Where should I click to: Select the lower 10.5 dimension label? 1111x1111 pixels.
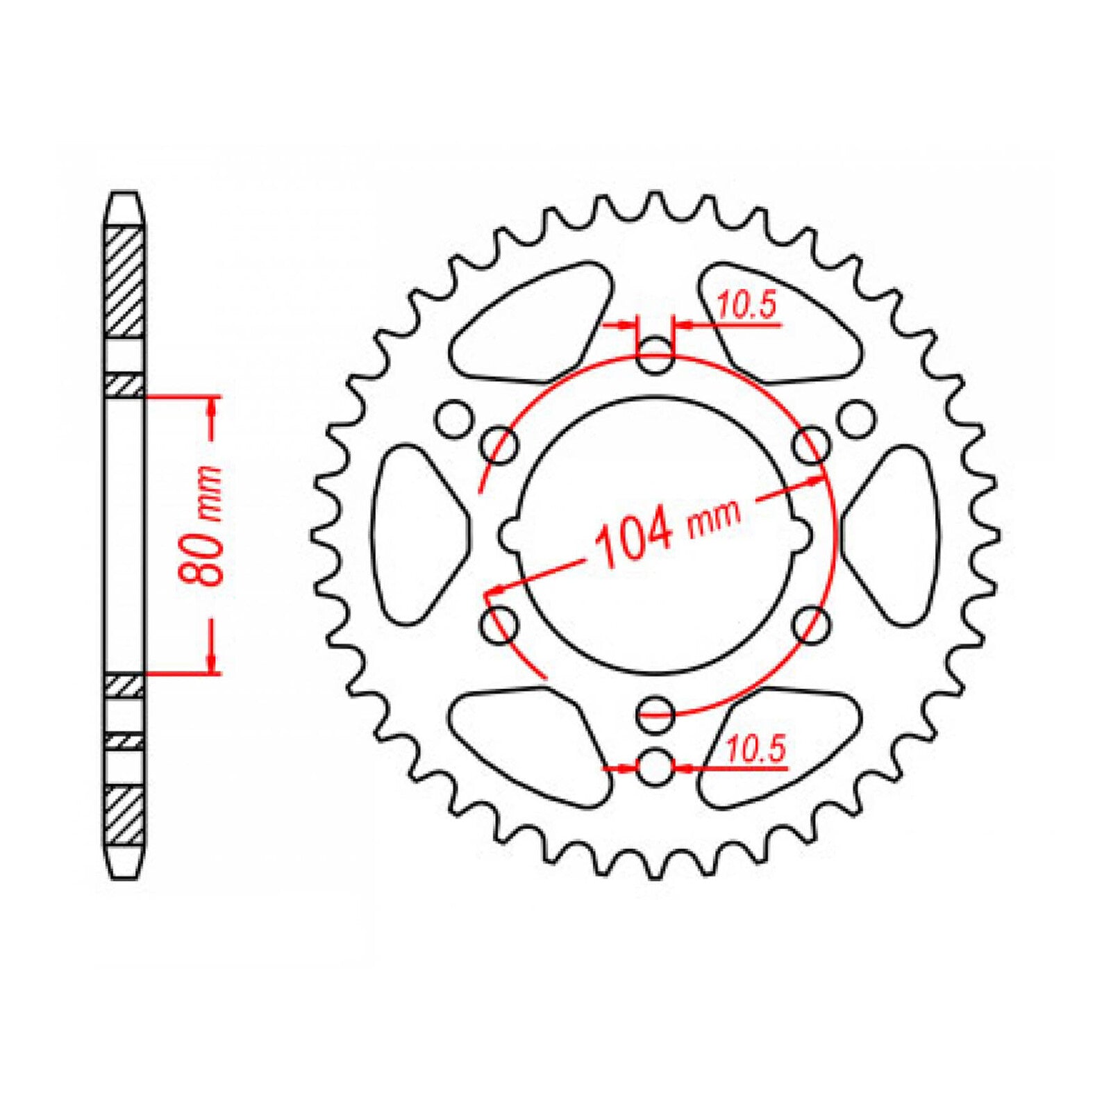tap(755, 750)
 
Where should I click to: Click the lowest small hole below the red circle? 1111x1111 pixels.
tap(655, 768)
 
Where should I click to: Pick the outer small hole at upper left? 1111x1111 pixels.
tap(455, 419)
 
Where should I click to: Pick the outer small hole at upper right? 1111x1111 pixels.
tap(855, 419)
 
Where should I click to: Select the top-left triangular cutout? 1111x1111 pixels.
tap(531, 323)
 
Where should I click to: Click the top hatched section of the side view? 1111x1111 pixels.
tap(125, 281)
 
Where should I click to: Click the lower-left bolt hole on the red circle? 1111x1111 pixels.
tap(499, 624)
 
